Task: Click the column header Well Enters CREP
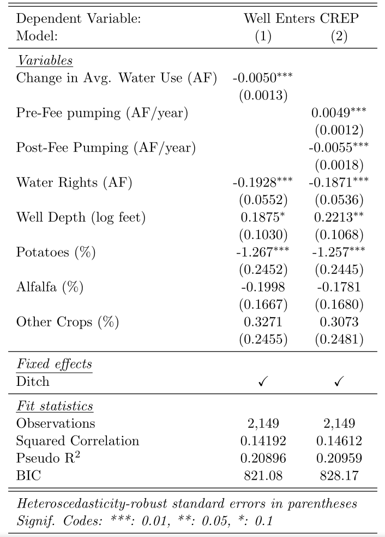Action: pos(301,19)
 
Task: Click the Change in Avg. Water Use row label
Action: pos(117,78)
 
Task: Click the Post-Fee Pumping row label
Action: pos(106,148)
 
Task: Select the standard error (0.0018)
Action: pos(339,165)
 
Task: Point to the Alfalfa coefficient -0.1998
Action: pos(263,288)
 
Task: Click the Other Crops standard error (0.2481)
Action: pos(339,339)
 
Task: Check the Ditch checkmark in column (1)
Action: pos(263,382)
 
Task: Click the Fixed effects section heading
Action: pos(54,364)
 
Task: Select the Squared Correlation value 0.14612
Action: pos(339,440)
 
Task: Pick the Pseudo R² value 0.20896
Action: pos(263,458)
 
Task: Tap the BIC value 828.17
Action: pos(339,475)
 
